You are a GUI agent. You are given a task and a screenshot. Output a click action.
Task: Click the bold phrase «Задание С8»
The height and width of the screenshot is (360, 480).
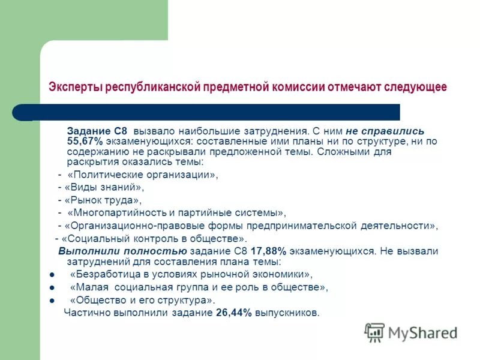(x=98, y=130)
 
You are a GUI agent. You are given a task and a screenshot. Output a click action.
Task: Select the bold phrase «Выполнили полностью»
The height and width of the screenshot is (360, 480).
(x=122, y=251)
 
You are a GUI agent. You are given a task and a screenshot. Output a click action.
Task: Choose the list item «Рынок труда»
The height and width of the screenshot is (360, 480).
(x=103, y=200)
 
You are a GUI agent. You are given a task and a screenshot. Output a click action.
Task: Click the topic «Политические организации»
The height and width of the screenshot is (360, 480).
(x=143, y=175)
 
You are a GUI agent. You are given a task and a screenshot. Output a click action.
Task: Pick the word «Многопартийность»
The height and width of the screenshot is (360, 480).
(x=115, y=212)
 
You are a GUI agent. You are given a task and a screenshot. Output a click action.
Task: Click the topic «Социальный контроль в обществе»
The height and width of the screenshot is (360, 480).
(x=155, y=238)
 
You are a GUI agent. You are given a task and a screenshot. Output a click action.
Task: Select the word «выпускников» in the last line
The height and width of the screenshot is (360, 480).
(x=287, y=313)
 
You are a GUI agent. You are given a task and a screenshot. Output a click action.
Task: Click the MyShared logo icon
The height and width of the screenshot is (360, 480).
(x=374, y=332)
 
